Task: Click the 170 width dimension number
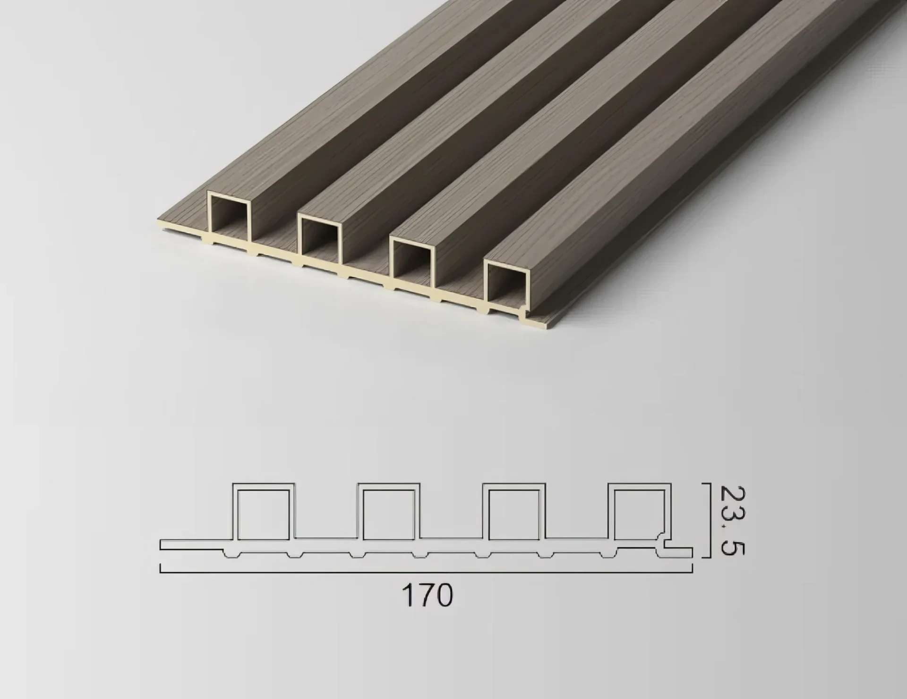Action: point(427,595)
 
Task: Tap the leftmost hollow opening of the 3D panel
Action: point(229,213)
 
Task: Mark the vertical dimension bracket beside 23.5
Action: point(709,520)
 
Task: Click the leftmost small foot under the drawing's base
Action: point(231,555)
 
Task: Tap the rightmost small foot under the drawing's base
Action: point(609,555)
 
